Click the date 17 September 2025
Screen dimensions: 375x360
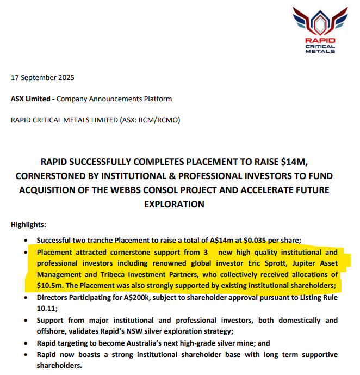42,77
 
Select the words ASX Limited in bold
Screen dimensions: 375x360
31,99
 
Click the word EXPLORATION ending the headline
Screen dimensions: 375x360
173,204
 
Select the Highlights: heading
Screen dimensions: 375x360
29,224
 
